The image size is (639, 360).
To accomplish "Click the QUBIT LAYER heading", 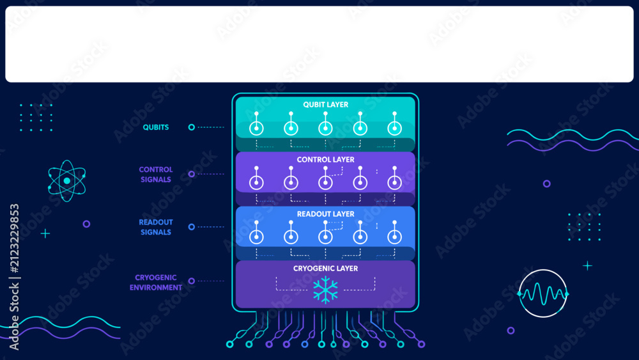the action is (326, 105).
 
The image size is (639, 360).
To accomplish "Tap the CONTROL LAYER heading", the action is (326, 160).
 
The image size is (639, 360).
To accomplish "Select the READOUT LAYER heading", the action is (326, 214).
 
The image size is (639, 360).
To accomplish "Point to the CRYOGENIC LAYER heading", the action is (326, 269).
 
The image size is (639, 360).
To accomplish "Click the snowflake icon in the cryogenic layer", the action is (326, 290).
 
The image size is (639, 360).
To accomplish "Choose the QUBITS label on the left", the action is (156, 128).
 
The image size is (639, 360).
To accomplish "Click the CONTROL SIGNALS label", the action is (156, 175).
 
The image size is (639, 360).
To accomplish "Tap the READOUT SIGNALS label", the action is (156, 227).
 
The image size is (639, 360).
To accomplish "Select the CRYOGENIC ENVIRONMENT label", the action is (156, 283).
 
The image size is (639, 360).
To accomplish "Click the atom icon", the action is (67, 180).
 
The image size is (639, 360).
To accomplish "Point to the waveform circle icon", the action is (543, 293).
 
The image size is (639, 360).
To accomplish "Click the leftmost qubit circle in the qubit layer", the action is (256, 129).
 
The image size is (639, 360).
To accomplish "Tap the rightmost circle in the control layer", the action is (394, 183).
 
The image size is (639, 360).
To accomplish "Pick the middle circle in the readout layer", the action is (325, 237).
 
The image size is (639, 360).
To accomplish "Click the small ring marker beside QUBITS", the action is (192, 127).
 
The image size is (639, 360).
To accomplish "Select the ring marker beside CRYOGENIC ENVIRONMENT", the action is (192, 281).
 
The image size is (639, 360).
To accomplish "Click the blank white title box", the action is (319, 44).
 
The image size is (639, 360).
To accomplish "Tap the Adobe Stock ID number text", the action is (14, 239).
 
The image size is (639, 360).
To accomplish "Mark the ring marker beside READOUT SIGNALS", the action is (192, 227).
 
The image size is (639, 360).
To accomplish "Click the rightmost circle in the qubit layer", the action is (394, 129).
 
